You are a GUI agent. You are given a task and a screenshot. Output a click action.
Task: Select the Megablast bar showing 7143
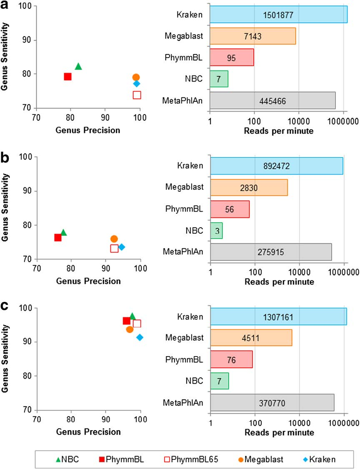pyautogui.click(x=252, y=36)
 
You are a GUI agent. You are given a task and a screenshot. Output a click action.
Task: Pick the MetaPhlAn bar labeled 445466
pyautogui.click(x=272, y=100)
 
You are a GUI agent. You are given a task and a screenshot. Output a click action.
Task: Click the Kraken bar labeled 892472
pyautogui.click(x=277, y=166)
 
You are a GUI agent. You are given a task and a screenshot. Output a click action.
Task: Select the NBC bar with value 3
pyautogui.click(x=216, y=230)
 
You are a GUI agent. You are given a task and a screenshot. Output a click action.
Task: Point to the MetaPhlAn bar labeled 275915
pyautogui.click(x=271, y=252)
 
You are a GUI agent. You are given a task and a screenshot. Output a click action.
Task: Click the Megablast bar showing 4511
pyautogui.click(x=251, y=338)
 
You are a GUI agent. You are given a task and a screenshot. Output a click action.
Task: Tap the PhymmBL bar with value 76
pyautogui.click(x=232, y=359)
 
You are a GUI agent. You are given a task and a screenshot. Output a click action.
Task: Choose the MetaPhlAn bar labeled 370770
pyautogui.click(x=272, y=402)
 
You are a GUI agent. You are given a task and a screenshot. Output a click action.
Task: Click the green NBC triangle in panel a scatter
pyautogui.click(x=78, y=66)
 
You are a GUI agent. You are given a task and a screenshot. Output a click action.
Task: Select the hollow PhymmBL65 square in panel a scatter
pyautogui.click(x=137, y=95)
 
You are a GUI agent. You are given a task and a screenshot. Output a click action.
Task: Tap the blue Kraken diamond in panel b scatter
pyautogui.click(x=122, y=247)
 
